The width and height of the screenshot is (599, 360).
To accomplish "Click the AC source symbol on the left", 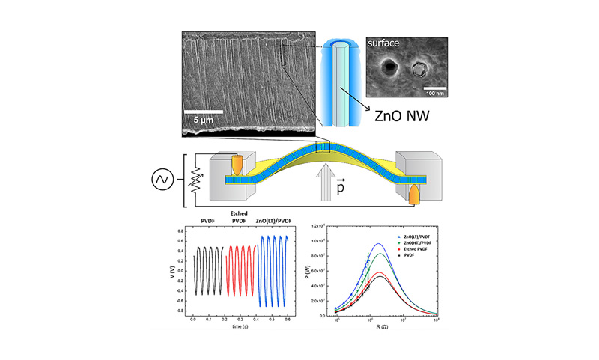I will coord(164,180).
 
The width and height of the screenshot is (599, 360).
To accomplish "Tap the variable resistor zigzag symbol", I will coord(196,180).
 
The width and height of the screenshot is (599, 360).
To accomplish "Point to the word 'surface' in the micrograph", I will coord(387,45).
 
